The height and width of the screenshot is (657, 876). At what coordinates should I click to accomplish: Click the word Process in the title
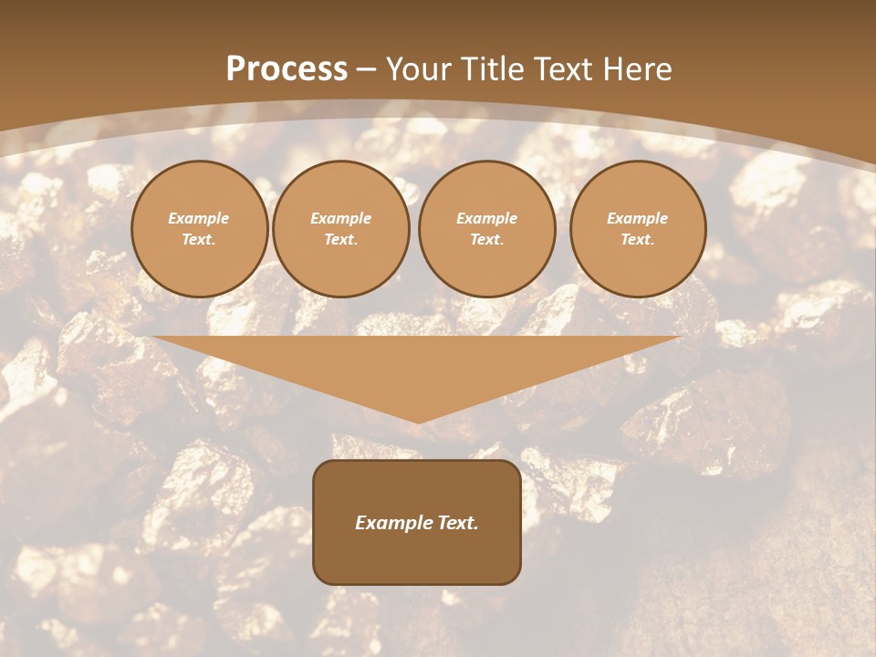(x=287, y=69)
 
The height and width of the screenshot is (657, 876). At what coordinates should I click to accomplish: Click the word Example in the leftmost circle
(x=199, y=218)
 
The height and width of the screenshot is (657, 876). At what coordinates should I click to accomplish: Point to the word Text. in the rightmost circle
(x=638, y=240)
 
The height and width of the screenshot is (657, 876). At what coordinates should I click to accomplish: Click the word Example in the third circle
(x=486, y=218)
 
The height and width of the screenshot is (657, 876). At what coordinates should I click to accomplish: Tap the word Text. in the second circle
(x=341, y=240)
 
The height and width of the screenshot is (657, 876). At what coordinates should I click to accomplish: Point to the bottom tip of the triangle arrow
(x=417, y=421)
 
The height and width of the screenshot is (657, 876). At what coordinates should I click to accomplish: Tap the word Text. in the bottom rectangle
(x=457, y=523)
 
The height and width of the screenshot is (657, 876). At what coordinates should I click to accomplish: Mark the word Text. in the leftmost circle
(x=199, y=240)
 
